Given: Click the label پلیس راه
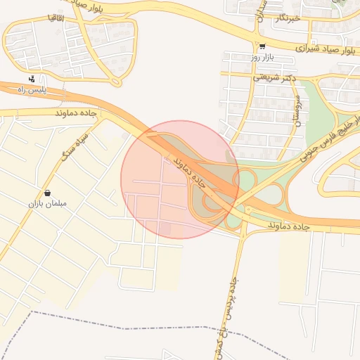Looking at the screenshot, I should pos(51,90).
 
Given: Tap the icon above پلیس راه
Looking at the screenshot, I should pos(32,79).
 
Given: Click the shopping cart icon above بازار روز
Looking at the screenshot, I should pos(262,47).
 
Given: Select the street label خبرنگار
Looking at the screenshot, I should pos(288,18).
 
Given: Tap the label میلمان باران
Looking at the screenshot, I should pos(47,204).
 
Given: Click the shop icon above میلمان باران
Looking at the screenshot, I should pos(47,193).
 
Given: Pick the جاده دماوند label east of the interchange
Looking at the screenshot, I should pos(289,226).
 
